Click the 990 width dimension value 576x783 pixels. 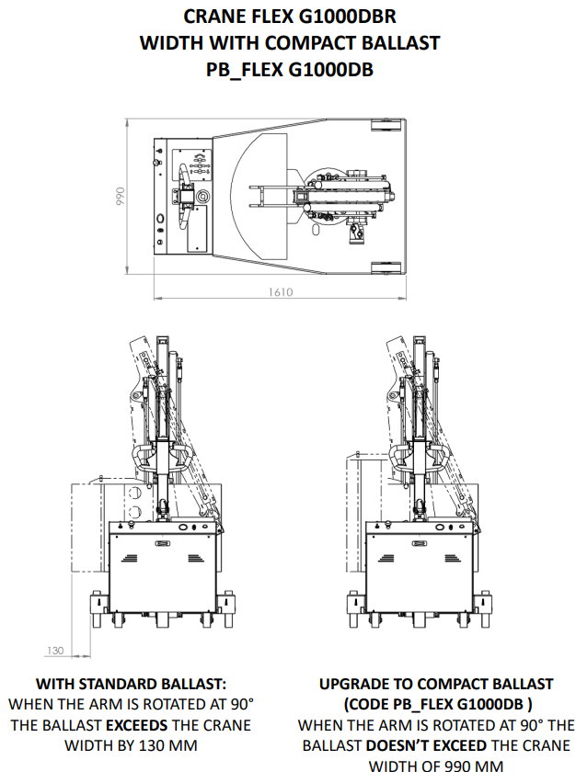coord(120,197)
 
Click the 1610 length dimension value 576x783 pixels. coord(280,291)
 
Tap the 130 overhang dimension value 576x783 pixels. coord(55,650)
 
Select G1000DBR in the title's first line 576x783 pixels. coord(347,17)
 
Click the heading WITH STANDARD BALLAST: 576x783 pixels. coord(131,684)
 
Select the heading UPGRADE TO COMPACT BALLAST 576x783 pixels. coord(436,684)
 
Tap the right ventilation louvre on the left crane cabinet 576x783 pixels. coord(195,558)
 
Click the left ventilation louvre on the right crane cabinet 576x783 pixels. coord(386,558)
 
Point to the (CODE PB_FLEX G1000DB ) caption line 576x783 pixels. coord(437,704)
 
